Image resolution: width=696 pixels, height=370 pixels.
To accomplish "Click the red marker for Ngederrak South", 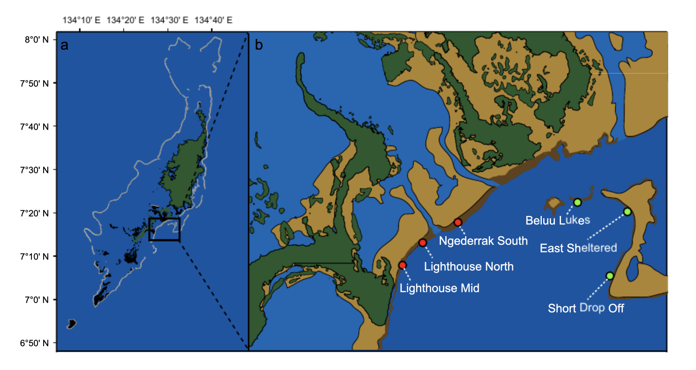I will (458, 222).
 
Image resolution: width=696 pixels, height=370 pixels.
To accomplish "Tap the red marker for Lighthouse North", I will (423, 243).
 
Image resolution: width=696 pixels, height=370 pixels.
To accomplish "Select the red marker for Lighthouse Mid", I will (402, 265).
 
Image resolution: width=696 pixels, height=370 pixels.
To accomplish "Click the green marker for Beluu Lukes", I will (577, 202).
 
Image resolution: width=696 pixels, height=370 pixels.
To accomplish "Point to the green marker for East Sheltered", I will (627, 212).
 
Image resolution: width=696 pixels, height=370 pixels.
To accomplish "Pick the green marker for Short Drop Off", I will (610, 276).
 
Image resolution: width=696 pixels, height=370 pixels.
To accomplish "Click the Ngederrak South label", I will (483, 241).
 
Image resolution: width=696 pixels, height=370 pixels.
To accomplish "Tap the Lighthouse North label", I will (468, 266).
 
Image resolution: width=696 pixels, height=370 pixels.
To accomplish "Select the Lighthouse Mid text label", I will (439, 289).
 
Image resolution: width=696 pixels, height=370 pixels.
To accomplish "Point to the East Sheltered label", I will (578, 248).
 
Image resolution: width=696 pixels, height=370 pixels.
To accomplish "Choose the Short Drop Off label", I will (586, 308).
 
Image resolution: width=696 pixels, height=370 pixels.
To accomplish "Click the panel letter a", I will (64, 45).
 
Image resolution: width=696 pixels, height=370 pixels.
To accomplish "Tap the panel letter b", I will (258, 45).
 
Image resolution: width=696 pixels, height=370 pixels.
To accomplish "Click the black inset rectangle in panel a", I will (164, 229).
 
